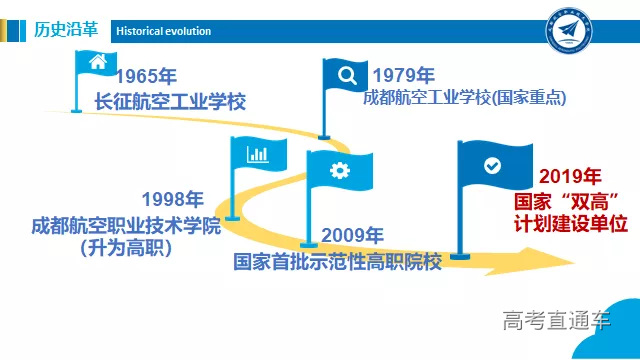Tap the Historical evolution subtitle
coord(163,31)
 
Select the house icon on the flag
coord(98,63)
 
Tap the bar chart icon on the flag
coord(258,153)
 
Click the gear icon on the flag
coord(339,170)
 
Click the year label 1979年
coord(403,76)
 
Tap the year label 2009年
coord(352,237)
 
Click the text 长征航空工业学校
coord(169,101)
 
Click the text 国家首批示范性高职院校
coord(337,261)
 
